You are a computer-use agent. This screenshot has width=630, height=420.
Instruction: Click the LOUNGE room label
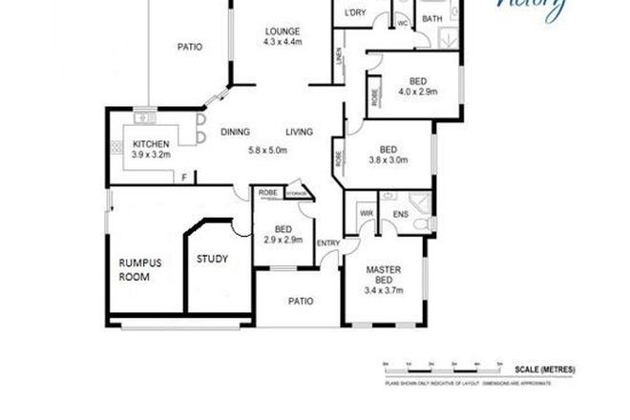point(283,31)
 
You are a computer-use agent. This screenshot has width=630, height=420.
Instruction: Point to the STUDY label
point(212,260)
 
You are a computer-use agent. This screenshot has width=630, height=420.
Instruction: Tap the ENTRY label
point(328,242)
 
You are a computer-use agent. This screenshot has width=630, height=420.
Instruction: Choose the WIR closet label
point(363,213)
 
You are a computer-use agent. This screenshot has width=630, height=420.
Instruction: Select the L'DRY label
point(355,13)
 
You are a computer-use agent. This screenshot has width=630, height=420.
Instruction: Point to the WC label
point(402,21)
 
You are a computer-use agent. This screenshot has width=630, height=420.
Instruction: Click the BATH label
point(431,18)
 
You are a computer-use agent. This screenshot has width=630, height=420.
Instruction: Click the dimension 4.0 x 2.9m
point(417,92)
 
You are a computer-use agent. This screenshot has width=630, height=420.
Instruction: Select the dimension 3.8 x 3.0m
point(388,160)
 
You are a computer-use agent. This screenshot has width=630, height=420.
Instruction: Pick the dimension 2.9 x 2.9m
point(283,240)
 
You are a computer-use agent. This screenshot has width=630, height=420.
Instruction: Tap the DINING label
point(237,133)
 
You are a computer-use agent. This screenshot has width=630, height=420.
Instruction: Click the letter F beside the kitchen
point(185,176)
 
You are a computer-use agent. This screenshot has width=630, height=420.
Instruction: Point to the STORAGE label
point(298,194)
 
